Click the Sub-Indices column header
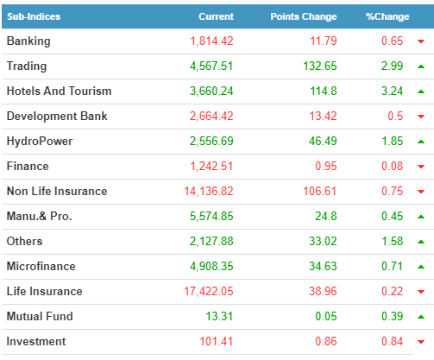pyautogui.click(x=34, y=16)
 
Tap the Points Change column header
pyautogui.click(x=304, y=16)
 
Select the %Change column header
pyautogui.click(x=387, y=16)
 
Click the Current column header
pyautogui.click(x=216, y=16)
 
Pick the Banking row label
pyautogui.click(x=28, y=41)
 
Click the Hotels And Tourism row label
pyautogui.click(x=59, y=91)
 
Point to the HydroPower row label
pyautogui.click(x=40, y=142)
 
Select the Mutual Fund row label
pyautogui.click(x=40, y=316)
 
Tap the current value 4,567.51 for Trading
pyautogui.click(x=211, y=66)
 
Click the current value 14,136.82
pyautogui.click(x=209, y=192)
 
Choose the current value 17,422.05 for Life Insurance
pyautogui.click(x=209, y=292)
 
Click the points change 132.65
pyautogui.click(x=320, y=66)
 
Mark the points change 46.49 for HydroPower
pyautogui.click(x=323, y=141)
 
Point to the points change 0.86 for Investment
pyautogui.click(x=326, y=341)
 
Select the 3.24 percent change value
pyautogui.click(x=392, y=91)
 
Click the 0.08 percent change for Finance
pyautogui.click(x=392, y=166)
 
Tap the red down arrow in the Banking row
pyautogui.click(x=421, y=41)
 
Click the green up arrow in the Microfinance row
pyautogui.click(x=421, y=267)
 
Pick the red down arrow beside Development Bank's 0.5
pyautogui.click(x=421, y=117)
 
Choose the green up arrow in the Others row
pyautogui.click(x=421, y=242)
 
